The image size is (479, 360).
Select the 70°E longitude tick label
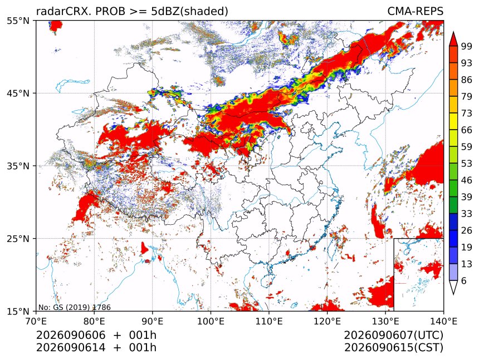[x=36, y=322]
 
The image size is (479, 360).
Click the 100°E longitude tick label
[x=211, y=322]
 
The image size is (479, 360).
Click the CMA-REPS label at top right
[x=415, y=11]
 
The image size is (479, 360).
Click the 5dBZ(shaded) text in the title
[x=190, y=12]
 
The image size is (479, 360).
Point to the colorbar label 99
[x=467, y=46]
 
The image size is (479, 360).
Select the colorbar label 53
[x=467, y=164]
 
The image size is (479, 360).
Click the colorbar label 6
[x=464, y=280]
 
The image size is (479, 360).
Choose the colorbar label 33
[x=467, y=214]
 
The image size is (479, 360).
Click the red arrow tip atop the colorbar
[x=453, y=32]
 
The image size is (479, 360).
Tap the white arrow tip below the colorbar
[x=453, y=294]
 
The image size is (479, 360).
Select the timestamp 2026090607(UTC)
[x=393, y=336]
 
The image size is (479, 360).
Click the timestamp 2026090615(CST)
[x=393, y=348]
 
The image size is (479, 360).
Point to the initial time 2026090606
[x=71, y=335]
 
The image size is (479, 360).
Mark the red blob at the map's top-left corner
[x=55, y=26]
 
